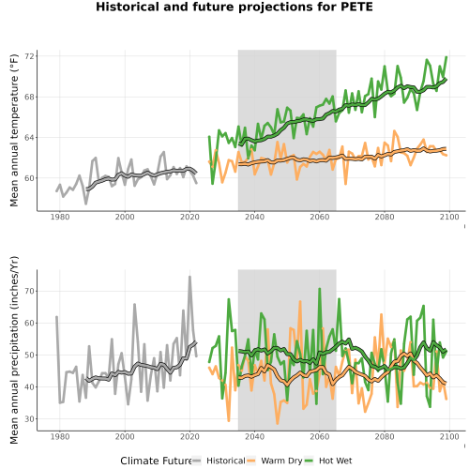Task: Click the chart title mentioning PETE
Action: pyautogui.click(x=234, y=7)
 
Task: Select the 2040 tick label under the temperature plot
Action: pyautogui.click(x=254, y=217)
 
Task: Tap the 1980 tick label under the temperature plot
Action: pyautogui.click(x=60, y=217)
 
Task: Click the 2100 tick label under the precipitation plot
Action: pyautogui.click(x=449, y=436)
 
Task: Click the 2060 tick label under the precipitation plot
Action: pyautogui.click(x=320, y=436)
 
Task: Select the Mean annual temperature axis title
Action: pyautogui.click(x=14, y=130)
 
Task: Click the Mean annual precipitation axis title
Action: pyautogui.click(x=14, y=350)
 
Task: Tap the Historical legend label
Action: pyautogui.click(x=226, y=461)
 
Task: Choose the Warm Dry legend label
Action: pyautogui.click(x=281, y=461)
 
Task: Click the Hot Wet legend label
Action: pyautogui.click(x=335, y=461)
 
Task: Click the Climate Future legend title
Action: pyautogui.click(x=156, y=461)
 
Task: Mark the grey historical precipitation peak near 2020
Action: pyautogui.click(x=189, y=277)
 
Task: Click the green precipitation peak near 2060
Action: pyautogui.click(x=320, y=289)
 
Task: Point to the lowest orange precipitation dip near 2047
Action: pyautogui.click(x=277, y=423)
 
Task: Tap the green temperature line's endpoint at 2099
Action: pyautogui.click(x=446, y=57)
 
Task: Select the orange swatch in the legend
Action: pyautogui.click(x=250, y=461)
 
